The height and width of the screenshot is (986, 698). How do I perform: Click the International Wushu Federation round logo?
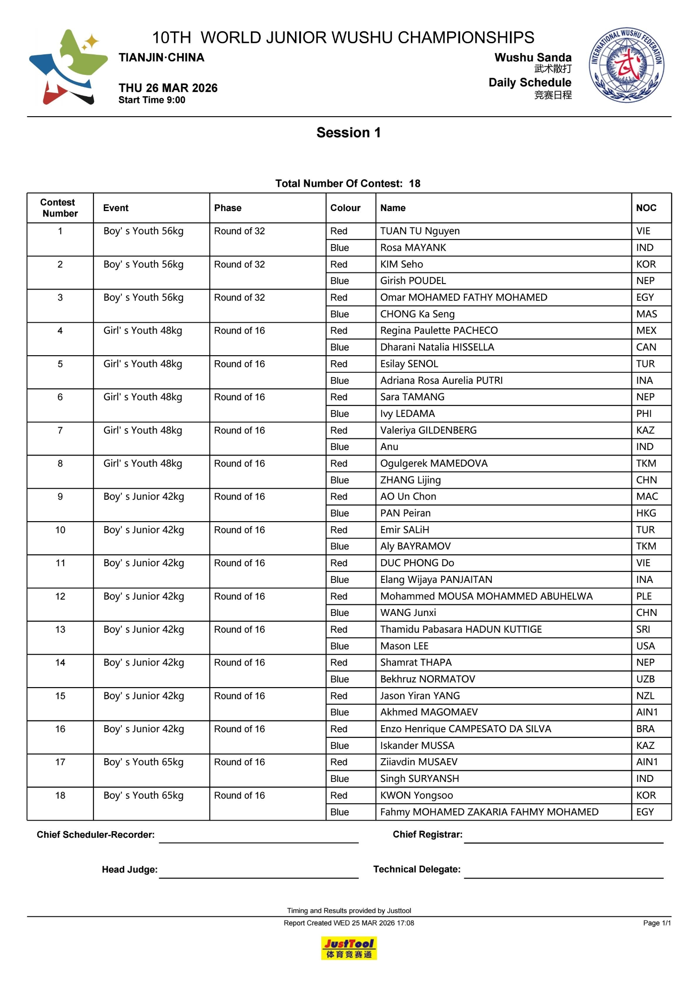tap(626, 65)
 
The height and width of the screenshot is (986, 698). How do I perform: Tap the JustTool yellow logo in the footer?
tap(349, 948)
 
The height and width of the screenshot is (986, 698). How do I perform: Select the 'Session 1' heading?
tap(349, 133)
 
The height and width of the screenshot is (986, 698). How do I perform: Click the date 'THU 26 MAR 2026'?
tap(168, 88)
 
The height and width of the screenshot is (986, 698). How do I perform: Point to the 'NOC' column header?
tap(646, 208)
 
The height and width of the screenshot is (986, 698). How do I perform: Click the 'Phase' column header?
tap(228, 208)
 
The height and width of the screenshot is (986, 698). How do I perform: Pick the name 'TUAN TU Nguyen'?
tap(420, 231)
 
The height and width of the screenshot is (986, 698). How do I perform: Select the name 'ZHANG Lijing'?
tap(410, 480)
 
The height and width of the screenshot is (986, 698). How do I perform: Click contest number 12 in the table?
tap(60, 596)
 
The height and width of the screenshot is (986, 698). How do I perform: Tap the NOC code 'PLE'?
tap(644, 596)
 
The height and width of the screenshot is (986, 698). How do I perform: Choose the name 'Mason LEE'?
tap(404, 646)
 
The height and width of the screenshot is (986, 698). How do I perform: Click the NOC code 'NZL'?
tap(645, 696)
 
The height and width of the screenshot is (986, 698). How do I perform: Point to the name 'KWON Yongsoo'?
tap(416, 795)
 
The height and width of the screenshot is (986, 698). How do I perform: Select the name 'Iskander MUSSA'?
tap(417, 746)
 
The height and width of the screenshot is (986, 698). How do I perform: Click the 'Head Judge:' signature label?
tap(130, 870)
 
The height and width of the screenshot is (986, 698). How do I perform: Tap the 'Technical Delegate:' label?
tap(417, 869)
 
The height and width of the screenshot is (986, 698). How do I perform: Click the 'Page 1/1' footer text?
tap(657, 923)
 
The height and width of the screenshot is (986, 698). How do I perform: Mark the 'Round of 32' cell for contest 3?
tap(239, 298)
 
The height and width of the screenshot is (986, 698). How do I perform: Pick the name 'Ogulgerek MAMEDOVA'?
tap(434, 463)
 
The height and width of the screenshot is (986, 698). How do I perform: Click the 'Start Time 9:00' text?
tap(152, 100)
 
